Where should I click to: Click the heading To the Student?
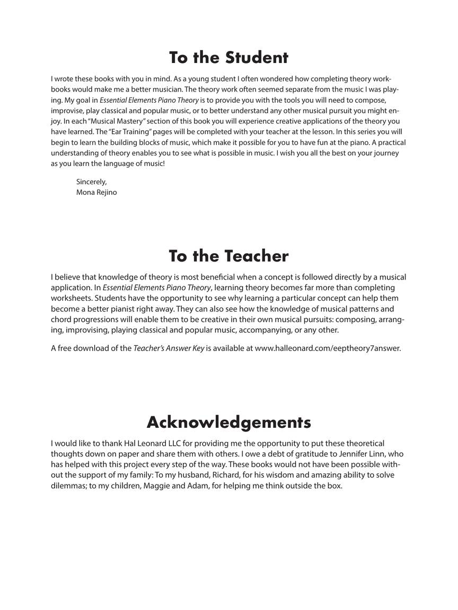pyautogui.click(x=228, y=57)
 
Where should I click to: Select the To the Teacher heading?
pyautogui.click(x=228, y=256)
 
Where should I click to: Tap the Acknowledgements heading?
pyautogui.click(x=228, y=422)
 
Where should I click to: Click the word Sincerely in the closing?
pyautogui.click(x=91, y=182)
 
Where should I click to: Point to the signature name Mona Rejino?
pyautogui.click(x=96, y=192)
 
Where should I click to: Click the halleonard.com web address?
pyautogui.click(x=328, y=348)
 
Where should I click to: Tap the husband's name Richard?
pyautogui.click(x=225, y=475)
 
